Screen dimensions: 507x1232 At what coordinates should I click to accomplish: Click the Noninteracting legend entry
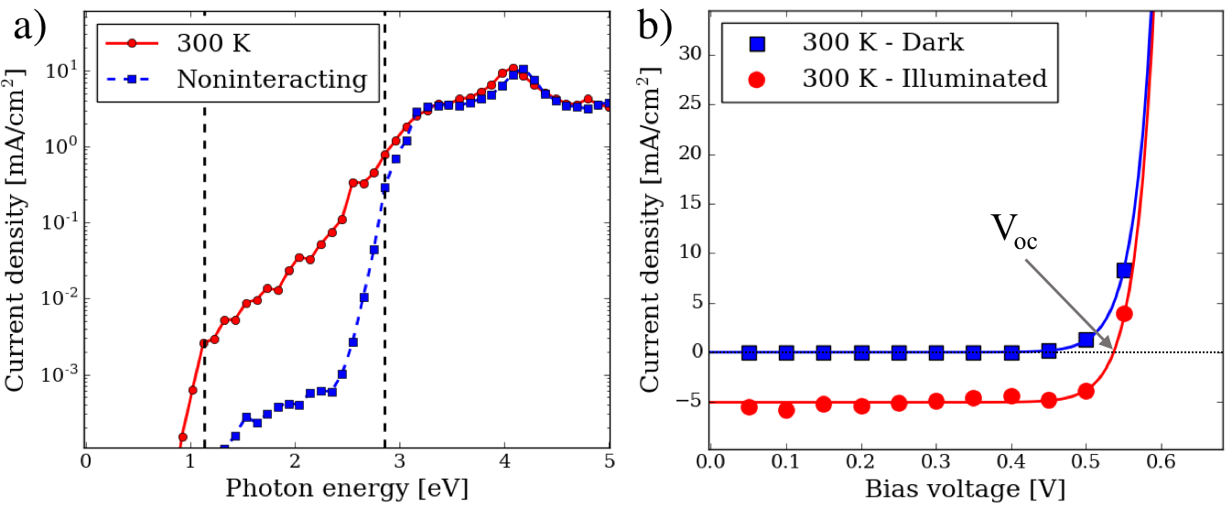coord(271,79)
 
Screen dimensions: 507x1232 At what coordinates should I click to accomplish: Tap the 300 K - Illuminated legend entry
coord(924,78)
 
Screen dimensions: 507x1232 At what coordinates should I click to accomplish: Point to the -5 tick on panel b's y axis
coord(689,402)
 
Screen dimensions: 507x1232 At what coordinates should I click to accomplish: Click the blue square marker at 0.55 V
coord(1124,270)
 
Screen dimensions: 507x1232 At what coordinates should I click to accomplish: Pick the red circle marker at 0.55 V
coord(1124,314)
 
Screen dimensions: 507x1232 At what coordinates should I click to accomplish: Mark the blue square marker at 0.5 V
coord(1086,340)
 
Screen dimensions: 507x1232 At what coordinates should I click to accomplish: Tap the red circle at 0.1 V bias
coord(786,409)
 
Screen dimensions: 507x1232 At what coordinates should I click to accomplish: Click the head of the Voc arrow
coord(1111,349)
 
